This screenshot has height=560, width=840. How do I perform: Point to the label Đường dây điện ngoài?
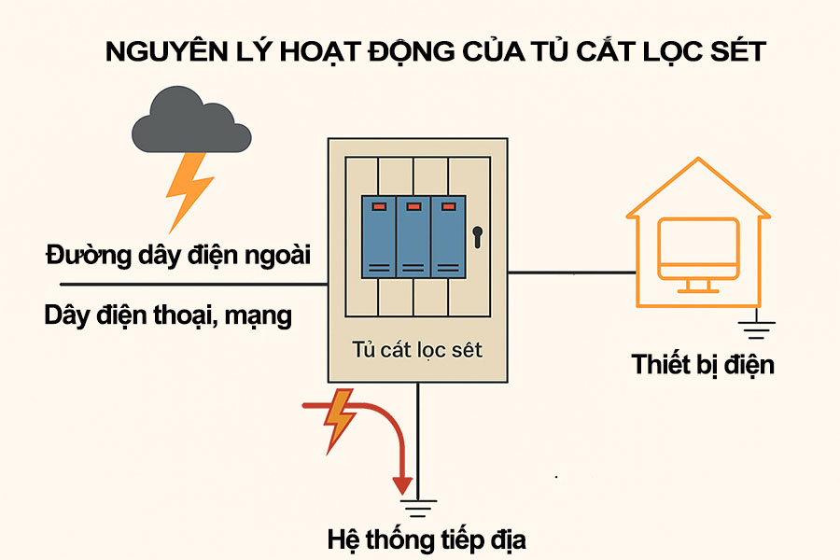pos(177,254)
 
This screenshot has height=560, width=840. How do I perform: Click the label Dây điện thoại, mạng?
pos(168,315)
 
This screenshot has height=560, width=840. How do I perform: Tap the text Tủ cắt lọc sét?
pos(417,350)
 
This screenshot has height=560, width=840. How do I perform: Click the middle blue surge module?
pos(412,238)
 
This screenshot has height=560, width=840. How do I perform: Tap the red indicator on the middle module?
pos(412,205)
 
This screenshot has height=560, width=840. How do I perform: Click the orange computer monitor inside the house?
pos(697,249)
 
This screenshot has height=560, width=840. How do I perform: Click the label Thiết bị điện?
pos(702,364)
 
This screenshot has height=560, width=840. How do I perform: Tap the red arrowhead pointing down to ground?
pos(402,484)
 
